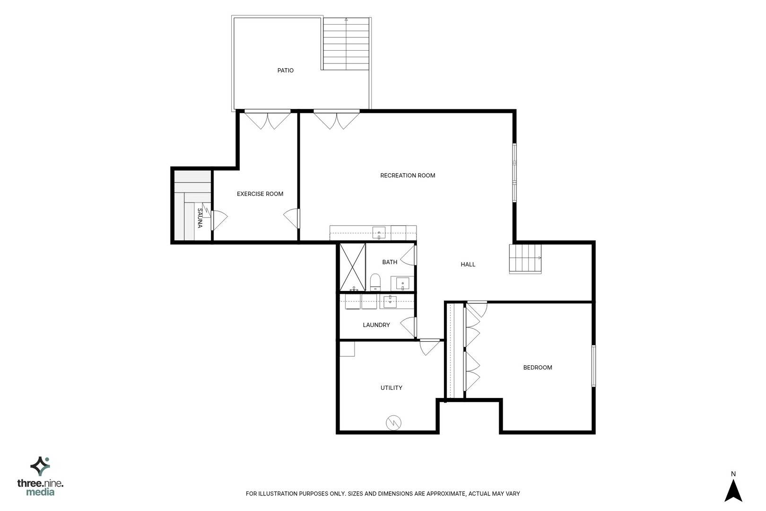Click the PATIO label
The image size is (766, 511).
(x=285, y=70)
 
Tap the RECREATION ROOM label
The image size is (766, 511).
(x=408, y=176)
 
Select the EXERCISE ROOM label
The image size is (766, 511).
(x=260, y=194)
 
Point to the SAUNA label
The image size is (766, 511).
(x=200, y=218)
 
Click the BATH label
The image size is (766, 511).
(x=390, y=262)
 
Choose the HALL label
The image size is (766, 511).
(x=468, y=264)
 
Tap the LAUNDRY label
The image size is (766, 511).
(x=376, y=325)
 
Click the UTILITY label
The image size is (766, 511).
(x=391, y=388)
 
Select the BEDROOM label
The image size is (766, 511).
(x=538, y=368)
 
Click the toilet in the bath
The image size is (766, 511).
(x=375, y=282)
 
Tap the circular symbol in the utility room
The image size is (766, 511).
(x=393, y=423)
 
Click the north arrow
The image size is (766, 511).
(x=733, y=491)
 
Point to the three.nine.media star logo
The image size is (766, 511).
(x=40, y=466)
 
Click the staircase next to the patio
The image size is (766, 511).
(x=346, y=44)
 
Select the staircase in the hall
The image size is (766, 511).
(x=525, y=259)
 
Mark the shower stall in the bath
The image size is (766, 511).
(x=352, y=267)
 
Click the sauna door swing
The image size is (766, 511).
(x=219, y=220)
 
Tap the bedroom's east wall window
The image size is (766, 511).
(x=594, y=366)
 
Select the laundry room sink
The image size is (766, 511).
(x=390, y=301)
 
